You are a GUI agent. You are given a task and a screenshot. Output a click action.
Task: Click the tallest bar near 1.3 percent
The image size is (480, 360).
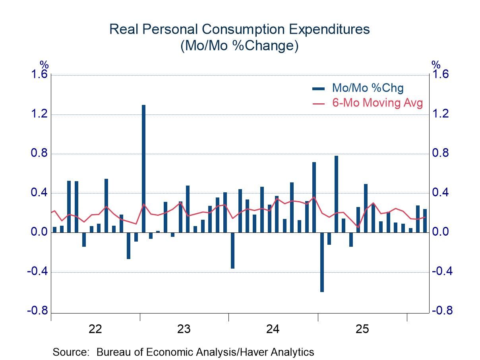[143, 168]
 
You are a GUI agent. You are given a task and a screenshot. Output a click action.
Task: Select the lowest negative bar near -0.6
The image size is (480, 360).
[322, 262]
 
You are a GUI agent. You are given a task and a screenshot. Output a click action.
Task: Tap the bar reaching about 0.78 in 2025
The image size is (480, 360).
[337, 194]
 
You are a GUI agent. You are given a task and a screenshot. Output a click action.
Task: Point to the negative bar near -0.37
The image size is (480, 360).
[233, 250]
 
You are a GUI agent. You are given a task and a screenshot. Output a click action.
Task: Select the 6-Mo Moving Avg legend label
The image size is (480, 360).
[377, 103]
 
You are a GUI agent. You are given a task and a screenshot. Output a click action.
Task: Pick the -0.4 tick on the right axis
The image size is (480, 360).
[441, 272]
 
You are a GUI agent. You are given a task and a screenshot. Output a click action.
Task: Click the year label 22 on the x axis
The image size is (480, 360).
[95, 329]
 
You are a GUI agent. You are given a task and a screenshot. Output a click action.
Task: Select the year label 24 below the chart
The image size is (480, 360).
[273, 329]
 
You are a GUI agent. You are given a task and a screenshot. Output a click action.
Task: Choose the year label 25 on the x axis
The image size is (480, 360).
[362, 329]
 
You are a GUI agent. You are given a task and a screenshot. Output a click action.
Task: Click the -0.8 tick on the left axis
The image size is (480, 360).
[38, 311]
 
